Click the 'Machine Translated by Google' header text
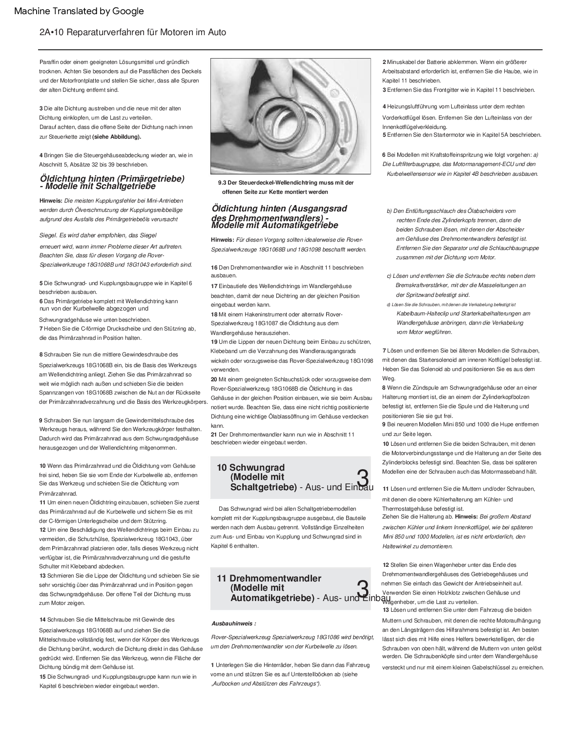coord(79,11)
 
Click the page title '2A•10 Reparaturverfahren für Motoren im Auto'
coord(133,32)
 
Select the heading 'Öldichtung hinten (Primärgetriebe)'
coord(112,179)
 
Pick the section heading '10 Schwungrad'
coord(250,468)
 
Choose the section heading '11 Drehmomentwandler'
coord(269,579)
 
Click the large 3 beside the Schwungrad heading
coord(363,478)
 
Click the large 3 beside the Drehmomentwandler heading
coord(363,589)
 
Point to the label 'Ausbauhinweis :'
coord(234,623)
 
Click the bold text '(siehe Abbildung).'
coord(117,137)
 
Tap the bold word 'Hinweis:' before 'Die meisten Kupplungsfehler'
coord(51,201)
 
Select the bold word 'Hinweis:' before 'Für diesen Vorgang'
coord(222,240)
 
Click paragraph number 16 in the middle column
coord(214,268)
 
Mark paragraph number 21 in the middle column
coord(214,435)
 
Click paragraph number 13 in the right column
coord(386,610)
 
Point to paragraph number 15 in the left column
coord(42,677)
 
